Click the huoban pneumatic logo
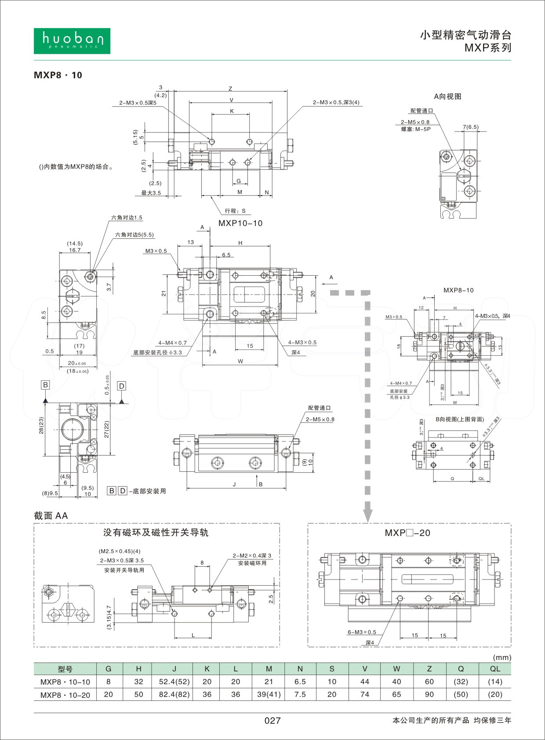[72, 41]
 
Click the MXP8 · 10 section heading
[58, 75]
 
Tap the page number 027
[272, 721]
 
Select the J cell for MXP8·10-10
[174, 682]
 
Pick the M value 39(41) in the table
[269, 695]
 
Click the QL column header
[495, 669]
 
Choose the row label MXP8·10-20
[65, 695]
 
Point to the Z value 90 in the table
[429, 695]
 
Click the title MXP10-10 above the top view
[240, 223]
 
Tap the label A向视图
[447, 96]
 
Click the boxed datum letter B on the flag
[45, 385]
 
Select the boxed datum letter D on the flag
[122, 386]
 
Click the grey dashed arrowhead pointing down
[368, 514]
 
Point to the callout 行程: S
[235, 211]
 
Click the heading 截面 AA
[51, 516]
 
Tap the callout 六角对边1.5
[127, 218]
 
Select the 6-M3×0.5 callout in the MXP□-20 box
[362, 632]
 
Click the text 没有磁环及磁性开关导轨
[156, 533]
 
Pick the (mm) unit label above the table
[502, 658]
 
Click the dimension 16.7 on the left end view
[75, 250]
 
